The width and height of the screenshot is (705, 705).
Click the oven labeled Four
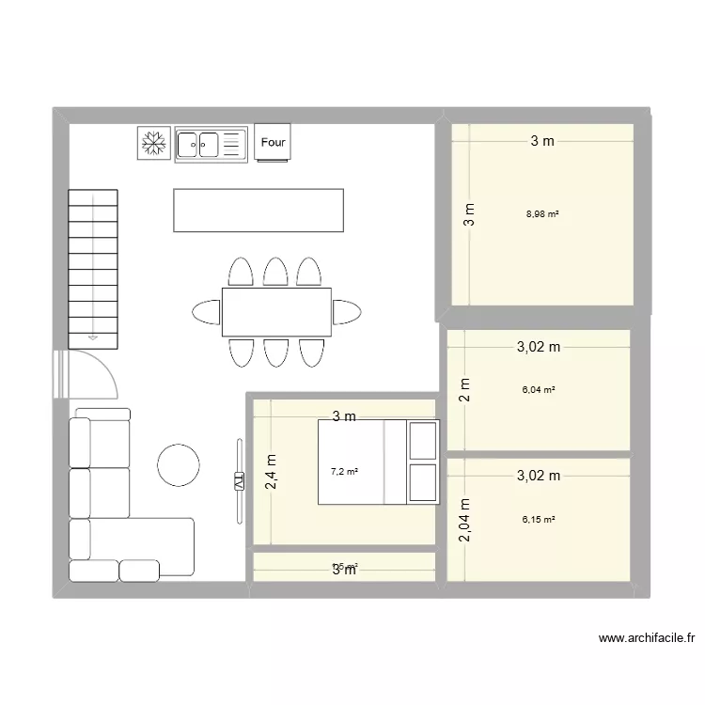[x=273, y=143]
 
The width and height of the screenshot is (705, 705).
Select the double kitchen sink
[x=210, y=144]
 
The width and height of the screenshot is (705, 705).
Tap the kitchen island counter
[x=258, y=210]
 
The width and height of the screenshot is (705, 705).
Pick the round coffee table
[x=178, y=464]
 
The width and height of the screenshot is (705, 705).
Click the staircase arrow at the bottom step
[x=93, y=334]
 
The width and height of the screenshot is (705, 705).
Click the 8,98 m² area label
[x=542, y=214]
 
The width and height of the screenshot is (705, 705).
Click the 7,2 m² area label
[x=343, y=471]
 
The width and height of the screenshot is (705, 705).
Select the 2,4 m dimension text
[x=271, y=472]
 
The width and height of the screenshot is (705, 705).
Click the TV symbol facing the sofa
[x=238, y=480]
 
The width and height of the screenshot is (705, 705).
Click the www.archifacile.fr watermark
[x=647, y=638]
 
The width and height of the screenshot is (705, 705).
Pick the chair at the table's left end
[x=205, y=311]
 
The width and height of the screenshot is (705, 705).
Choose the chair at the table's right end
[x=348, y=311]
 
